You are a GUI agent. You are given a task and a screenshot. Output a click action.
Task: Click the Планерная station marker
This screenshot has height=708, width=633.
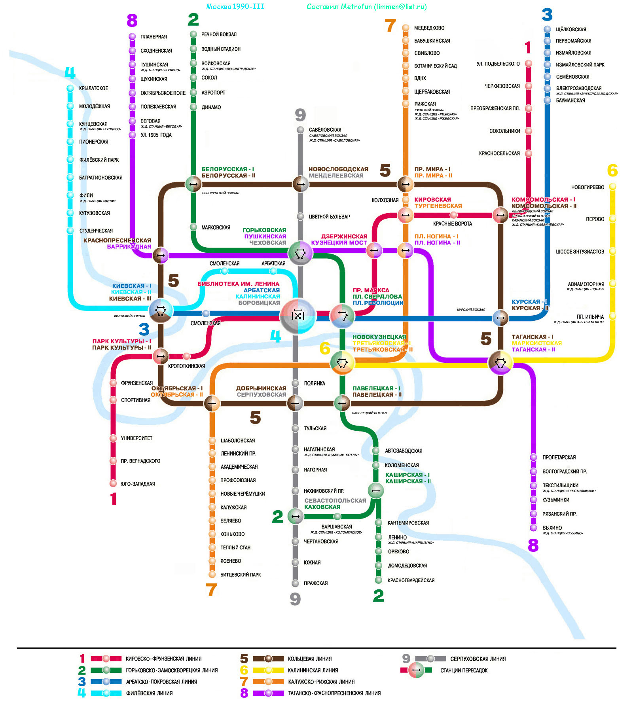tap(132, 36)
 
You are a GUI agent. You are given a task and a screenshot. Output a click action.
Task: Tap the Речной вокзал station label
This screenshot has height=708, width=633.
tap(219, 34)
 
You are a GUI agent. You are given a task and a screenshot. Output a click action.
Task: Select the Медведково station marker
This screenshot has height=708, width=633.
tap(406, 28)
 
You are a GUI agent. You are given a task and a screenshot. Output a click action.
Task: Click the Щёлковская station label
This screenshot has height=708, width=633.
tap(570, 29)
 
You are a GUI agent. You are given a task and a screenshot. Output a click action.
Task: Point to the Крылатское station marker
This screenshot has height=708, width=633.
tap(70, 88)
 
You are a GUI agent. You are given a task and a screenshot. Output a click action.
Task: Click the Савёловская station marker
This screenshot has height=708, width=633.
tap(301, 130)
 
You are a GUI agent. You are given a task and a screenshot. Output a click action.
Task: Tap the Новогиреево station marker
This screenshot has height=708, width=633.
tap(612, 186)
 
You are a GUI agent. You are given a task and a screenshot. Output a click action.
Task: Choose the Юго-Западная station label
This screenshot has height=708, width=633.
tap(138, 484)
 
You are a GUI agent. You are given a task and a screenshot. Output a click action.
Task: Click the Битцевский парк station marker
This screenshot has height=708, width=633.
tap(212, 574)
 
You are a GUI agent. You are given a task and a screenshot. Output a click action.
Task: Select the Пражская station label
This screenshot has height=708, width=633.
tap(315, 583)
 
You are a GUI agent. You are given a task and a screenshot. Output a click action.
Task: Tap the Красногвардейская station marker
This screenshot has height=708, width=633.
tap(379, 580)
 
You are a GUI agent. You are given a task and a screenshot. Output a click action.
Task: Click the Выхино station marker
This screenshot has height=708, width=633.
tap(533, 528)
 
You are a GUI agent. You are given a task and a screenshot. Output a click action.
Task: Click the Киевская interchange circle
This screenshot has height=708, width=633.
tap(161, 311)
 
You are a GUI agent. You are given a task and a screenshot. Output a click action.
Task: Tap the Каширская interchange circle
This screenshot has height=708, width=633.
tap(376, 490)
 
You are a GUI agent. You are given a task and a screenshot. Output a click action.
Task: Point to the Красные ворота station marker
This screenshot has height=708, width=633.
tap(453, 215)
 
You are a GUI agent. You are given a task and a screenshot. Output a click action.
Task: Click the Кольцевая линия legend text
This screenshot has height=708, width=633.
tap(310, 659)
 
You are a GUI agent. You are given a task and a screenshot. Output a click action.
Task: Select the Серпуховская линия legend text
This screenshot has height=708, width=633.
tap(478, 659)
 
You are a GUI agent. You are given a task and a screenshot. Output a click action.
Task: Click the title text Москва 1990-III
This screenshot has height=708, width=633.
tap(235, 7)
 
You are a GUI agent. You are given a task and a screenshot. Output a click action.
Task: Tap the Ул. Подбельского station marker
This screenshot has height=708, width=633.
tap(528, 64)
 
